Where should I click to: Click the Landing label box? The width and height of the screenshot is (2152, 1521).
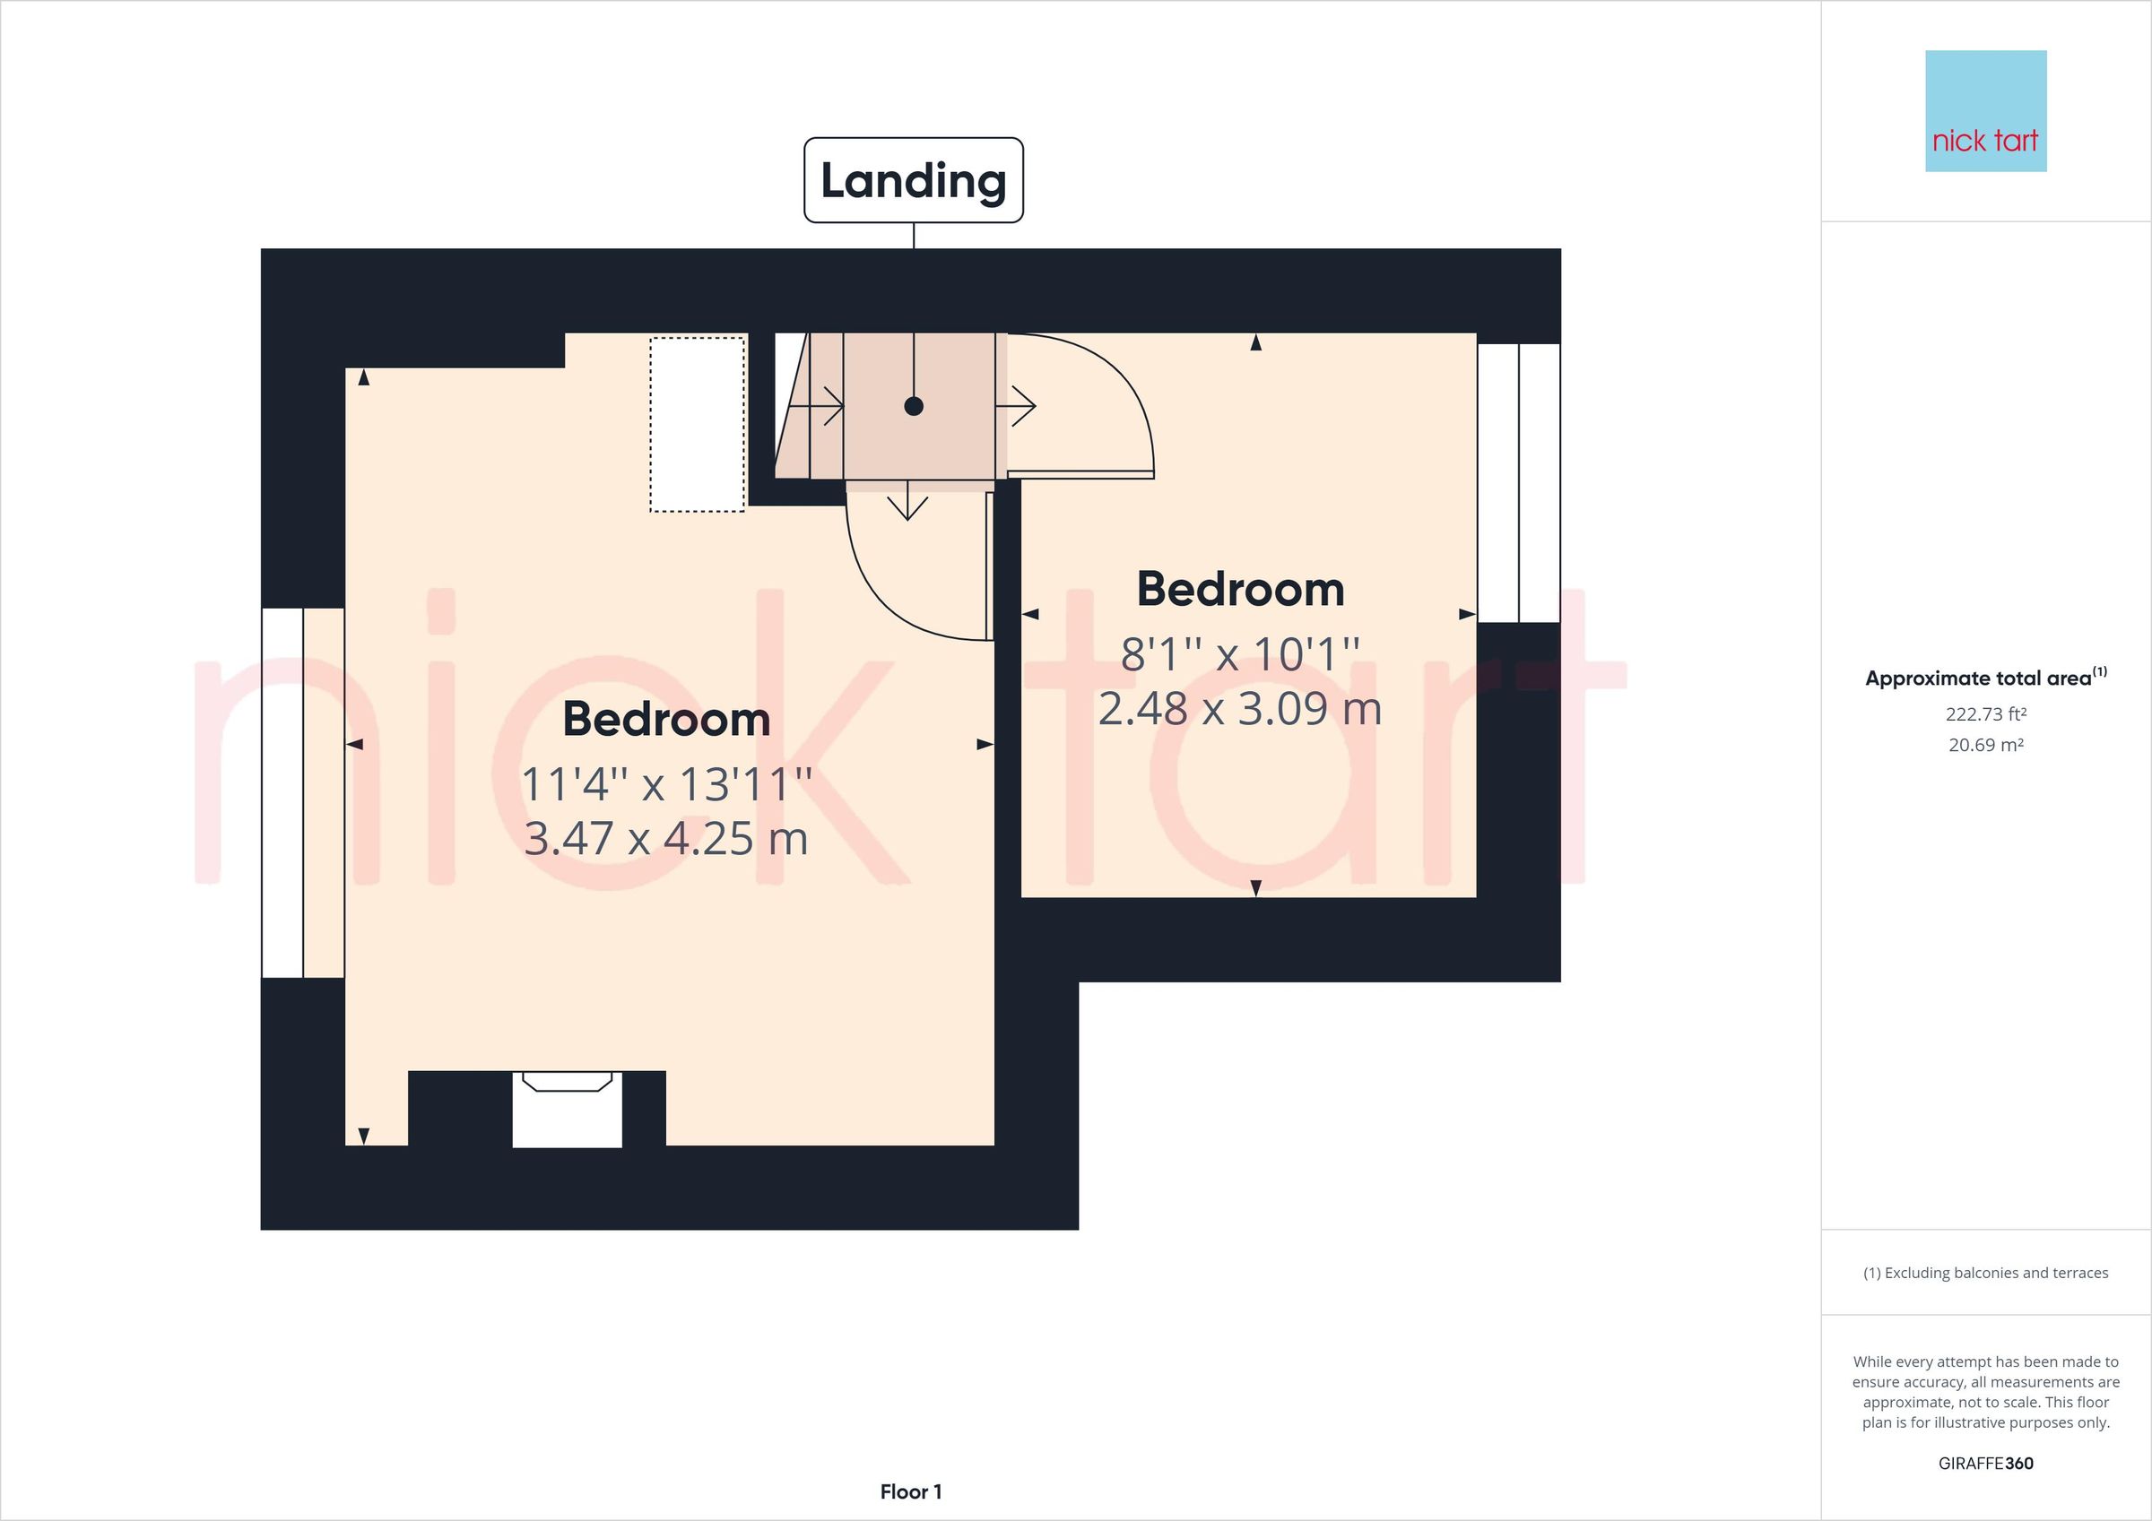[913, 180]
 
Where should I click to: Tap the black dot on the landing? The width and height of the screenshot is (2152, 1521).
[914, 406]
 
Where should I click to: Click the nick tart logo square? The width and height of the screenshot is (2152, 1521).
[1985, 111]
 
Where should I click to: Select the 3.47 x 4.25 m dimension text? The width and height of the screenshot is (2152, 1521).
[665, 839]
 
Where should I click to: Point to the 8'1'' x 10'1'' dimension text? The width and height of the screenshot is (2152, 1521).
[1240, 654]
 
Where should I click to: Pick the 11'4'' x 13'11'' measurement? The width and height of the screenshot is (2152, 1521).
[665, 784]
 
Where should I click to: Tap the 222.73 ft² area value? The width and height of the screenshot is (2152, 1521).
[1985, 714]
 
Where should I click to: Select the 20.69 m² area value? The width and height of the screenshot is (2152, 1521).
[1985, 745]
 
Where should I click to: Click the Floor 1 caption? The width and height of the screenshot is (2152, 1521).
[910, 1491]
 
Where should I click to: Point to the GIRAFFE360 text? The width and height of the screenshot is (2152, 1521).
[1985, 1463]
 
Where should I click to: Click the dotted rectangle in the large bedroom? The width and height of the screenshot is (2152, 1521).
[698, 425]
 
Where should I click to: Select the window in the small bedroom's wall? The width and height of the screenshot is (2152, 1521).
[1518, 482]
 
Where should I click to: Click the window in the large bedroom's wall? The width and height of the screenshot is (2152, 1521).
[302, 793]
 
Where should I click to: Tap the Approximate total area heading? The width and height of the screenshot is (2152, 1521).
[1985, 678]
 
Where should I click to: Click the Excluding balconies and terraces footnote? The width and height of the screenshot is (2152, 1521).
[1985, 1273]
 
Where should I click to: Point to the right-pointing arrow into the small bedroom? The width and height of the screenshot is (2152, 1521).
[1017, 407]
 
